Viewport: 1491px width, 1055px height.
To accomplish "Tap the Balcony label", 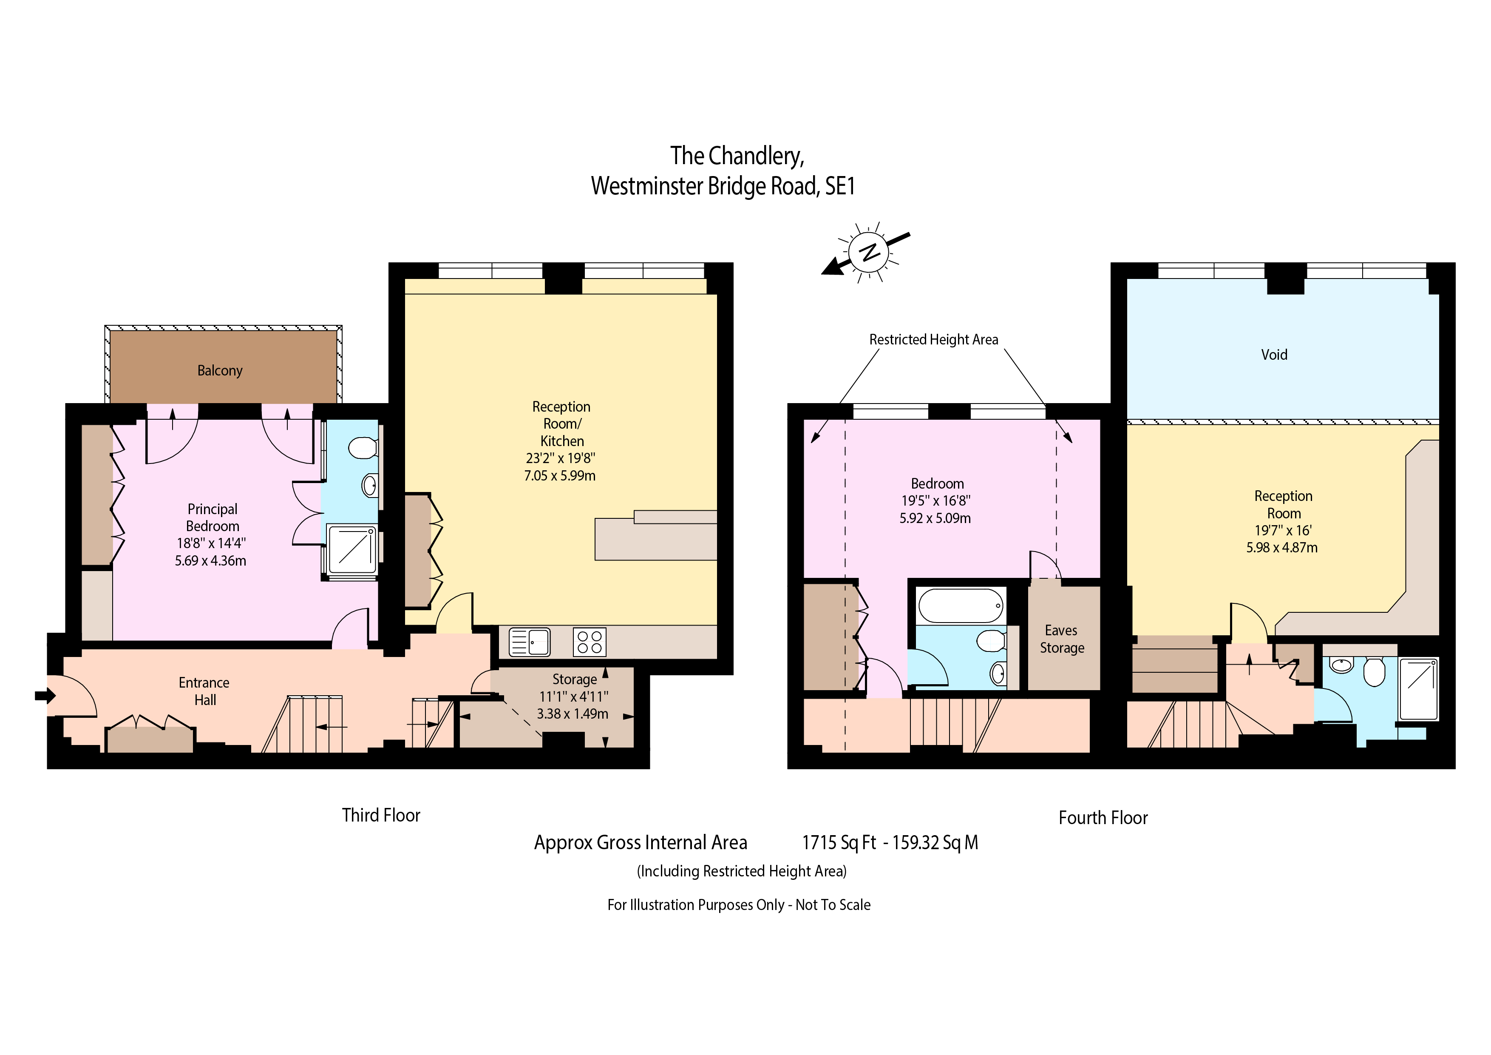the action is click(x=220, y=370).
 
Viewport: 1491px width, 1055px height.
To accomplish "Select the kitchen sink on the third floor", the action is click(x=529, y=642).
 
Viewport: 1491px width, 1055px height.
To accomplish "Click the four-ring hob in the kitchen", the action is click(x=590, y=642).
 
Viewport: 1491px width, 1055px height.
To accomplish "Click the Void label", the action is click(x=1274, y=355).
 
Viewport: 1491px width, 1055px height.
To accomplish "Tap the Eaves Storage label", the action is click(x=1062, y=639).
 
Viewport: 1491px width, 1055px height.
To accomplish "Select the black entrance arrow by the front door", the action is click(x=45, y=696).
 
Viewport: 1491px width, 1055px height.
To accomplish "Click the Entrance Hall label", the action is click(x=204, y=691).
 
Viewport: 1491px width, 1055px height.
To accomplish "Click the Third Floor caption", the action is click(x=381, y=815).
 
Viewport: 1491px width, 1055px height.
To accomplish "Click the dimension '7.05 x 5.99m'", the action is click(x=560, y=475).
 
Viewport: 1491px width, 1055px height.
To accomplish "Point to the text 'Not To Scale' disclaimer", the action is click(x=833, y=905).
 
